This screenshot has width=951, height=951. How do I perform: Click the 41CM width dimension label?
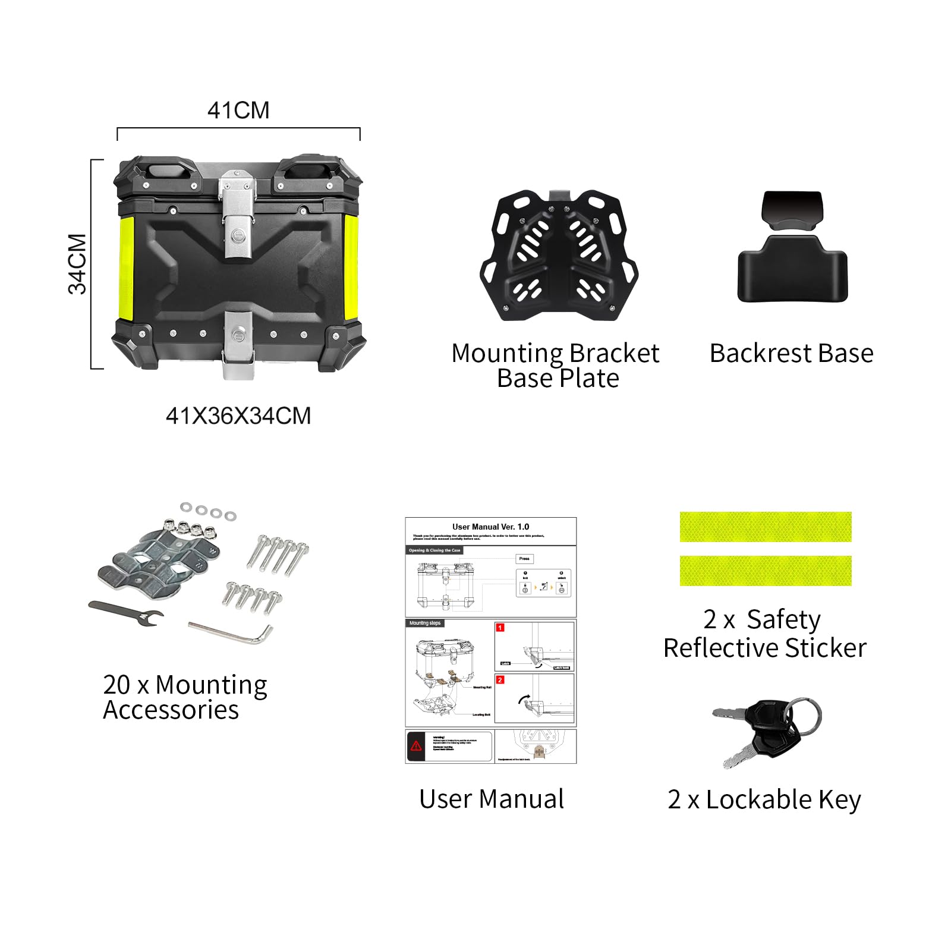pos(238,111)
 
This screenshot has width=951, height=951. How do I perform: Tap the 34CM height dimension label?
pos(78,264)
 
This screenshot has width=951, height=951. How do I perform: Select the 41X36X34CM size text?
pos(238,416)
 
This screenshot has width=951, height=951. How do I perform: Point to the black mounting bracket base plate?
pos(558,256)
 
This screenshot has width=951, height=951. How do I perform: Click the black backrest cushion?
pos(792,267)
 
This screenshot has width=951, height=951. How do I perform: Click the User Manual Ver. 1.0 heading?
pos(490,527)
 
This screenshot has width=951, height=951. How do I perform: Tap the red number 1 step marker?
pos(500,628)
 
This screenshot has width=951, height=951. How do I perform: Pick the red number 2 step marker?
pos(500,680)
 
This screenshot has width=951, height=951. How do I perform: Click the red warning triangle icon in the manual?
pos(416,745)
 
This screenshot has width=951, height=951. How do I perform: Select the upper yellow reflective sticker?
pos(766,527)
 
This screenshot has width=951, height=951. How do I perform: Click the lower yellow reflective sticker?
pos(766,571)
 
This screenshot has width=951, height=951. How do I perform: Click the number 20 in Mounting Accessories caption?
pos(116,685)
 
